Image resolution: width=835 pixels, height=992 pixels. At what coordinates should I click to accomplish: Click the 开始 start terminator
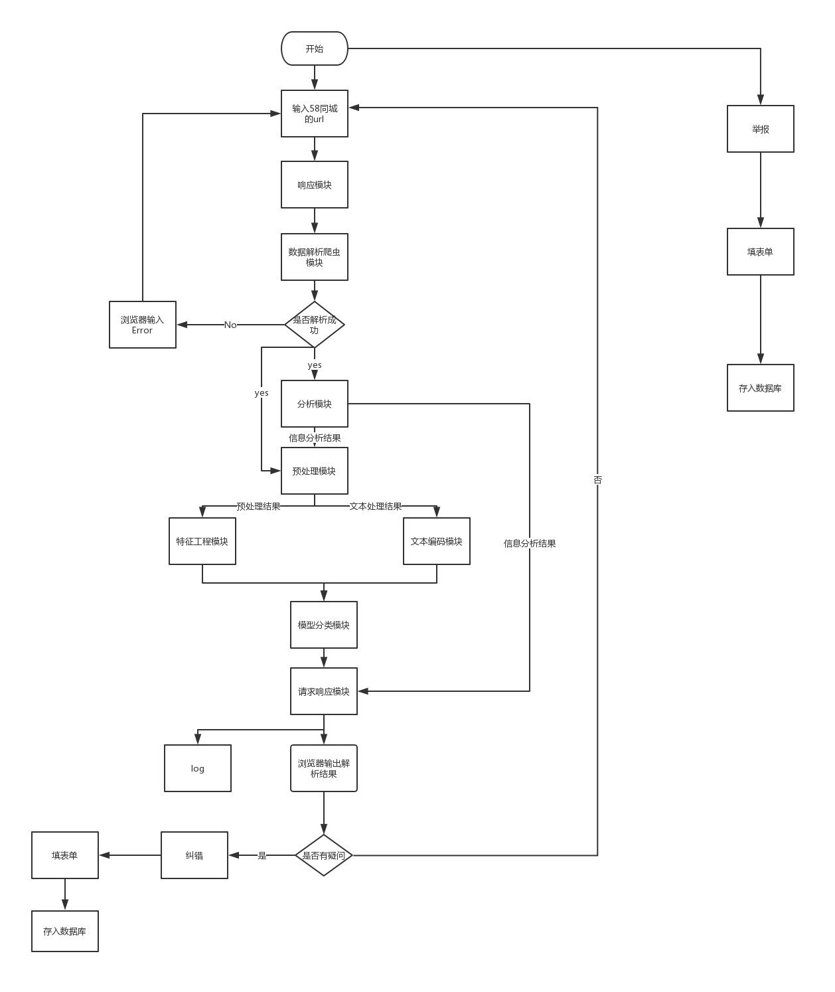(x=315, y=48)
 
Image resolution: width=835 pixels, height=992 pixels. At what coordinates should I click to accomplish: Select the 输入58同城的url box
(x=315, y=114)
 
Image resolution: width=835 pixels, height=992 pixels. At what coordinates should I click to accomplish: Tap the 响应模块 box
(x=315, y=185)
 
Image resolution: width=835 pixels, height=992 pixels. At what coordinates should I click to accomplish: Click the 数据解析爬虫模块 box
(x=315, y=257)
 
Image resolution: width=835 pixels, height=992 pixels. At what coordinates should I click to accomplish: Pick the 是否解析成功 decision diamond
(x=315, y=325)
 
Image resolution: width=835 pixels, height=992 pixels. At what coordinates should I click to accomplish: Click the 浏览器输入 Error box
(x=143, y=325)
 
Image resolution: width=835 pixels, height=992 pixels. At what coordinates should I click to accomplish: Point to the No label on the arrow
(x=230, y=325)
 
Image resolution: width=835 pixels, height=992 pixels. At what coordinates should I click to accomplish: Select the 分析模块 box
(x=315, y=404)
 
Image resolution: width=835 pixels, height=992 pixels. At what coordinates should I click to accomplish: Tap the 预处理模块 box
(x=315, y=471)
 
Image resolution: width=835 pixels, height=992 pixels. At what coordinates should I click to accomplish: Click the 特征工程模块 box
(x=202, y=541)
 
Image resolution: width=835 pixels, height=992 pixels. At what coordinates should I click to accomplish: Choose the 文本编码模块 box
(x=437, y=541)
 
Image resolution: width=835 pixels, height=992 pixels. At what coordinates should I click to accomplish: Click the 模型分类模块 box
(x=324, y=625)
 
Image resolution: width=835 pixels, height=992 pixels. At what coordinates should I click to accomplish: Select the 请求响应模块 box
(x=324, y=691)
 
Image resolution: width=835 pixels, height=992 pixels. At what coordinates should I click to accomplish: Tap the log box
(x=198, y=768)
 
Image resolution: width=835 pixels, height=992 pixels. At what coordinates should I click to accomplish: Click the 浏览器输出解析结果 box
(x=324, y=768)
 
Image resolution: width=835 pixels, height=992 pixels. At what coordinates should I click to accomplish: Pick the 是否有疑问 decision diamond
(x=324, y=855)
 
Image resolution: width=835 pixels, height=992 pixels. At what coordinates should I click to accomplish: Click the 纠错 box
(x=194, y=855)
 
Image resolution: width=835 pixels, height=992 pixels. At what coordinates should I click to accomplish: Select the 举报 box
(x=761, y=129)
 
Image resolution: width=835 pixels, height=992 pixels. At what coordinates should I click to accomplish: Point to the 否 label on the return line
(x=597, y=479)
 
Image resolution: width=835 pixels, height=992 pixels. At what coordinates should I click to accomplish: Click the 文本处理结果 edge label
(x=376, y=507)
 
